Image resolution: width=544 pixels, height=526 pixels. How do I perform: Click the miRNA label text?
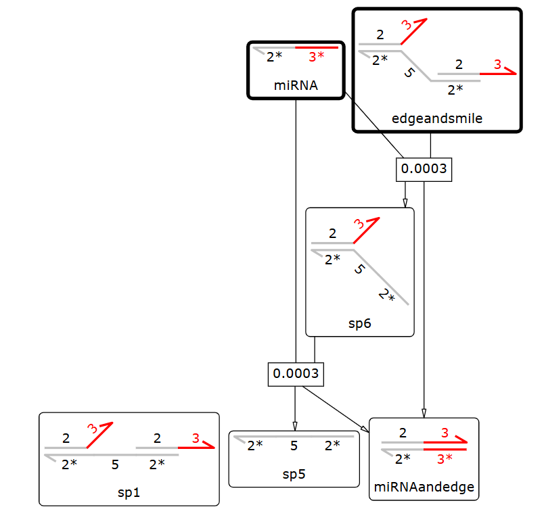(x=296, y=85)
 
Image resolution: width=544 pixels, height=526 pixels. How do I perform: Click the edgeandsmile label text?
(x=437, y=118)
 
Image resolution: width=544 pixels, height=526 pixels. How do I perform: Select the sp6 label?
(x=360, y=323)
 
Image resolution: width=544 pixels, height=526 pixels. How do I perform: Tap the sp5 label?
(x=294, y=473)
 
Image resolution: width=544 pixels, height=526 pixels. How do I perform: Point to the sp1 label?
(x=129, y=492)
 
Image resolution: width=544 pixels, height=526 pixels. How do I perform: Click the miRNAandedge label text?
(x=424, y=487)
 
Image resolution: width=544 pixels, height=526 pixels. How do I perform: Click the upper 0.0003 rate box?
(x=424, y=168)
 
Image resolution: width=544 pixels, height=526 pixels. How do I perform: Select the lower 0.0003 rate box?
(x=295, y=373)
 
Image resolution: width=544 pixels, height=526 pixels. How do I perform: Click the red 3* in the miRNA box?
(x=316, y=57)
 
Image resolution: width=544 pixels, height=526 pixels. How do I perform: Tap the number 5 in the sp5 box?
(x=294, y=446)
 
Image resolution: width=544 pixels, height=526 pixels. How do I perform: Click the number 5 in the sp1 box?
(x=115, y=464)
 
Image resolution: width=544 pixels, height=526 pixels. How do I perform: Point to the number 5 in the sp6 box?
(x=359, y=270)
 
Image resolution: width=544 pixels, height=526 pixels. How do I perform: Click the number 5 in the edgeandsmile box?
(x=408, y=72)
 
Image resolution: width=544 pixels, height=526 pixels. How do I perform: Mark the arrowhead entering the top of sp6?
(x=405, y=203)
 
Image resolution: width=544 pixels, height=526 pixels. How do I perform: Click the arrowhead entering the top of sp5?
(x=294, y=425)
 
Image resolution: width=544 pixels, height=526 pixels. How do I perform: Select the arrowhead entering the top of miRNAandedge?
(x=424, y=413)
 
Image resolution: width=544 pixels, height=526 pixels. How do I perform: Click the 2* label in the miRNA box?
(x=274, y=57)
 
